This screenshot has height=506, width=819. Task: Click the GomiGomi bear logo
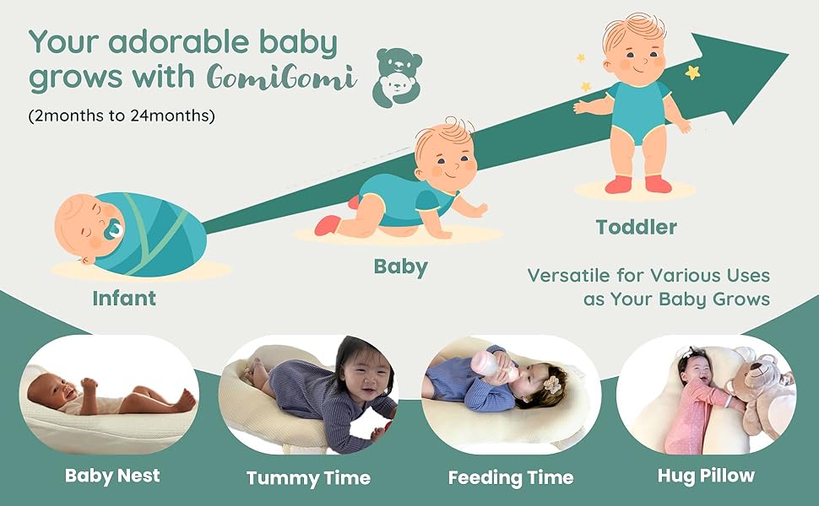click(x=398, y=78)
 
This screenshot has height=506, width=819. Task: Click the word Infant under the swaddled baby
click(x=124, y=299)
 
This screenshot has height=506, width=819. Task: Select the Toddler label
click(x=636, y=227)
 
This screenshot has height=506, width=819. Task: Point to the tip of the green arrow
click(x=789, y=53)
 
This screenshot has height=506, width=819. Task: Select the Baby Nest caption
click(x=112, y=476)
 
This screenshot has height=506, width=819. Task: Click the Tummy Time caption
click(x=308, y=478)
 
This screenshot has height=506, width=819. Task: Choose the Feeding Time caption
click(x=510, y=477)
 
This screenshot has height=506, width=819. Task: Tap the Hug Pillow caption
click(x=706, y=476)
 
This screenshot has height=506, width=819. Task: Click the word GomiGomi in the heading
click(x=281, y=78)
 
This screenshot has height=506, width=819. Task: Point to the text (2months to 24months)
click(x=122, y=116)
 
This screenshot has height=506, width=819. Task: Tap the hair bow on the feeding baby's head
click(x=551, y=385)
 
